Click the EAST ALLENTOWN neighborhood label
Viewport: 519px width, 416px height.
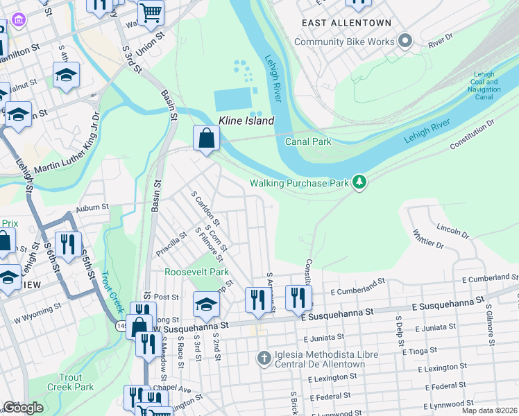coord(347,23)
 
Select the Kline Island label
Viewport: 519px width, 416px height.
coord(246,121)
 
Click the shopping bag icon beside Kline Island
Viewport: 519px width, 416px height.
coord(206,138)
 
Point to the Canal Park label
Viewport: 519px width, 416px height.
coord(308,141)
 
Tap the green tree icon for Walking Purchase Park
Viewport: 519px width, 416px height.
coord(359,182)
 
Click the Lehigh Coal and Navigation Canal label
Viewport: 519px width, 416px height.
coord(484,85)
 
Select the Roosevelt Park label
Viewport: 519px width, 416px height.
coord(196,272)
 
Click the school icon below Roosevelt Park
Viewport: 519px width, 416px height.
coord(206,304)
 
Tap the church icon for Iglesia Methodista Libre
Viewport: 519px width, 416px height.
coord(264,358)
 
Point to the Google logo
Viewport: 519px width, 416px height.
coord(23,408)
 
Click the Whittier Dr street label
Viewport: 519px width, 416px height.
coord(428,240)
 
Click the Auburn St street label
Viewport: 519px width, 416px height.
coord(93,207)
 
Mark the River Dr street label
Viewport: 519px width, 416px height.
coord(440,42)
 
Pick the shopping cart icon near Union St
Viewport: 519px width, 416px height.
coord(151,12)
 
